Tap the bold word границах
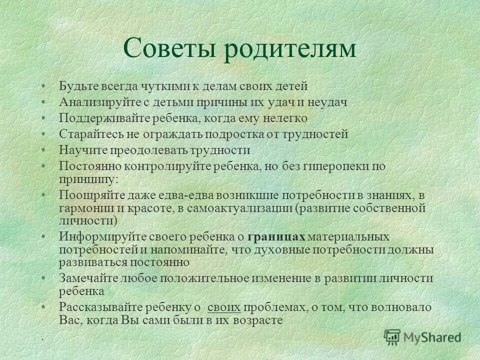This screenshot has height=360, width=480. click(x=276, y=236)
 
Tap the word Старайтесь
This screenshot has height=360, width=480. click(x=88, y=134)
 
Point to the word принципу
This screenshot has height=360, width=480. click(x=88, y=178)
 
